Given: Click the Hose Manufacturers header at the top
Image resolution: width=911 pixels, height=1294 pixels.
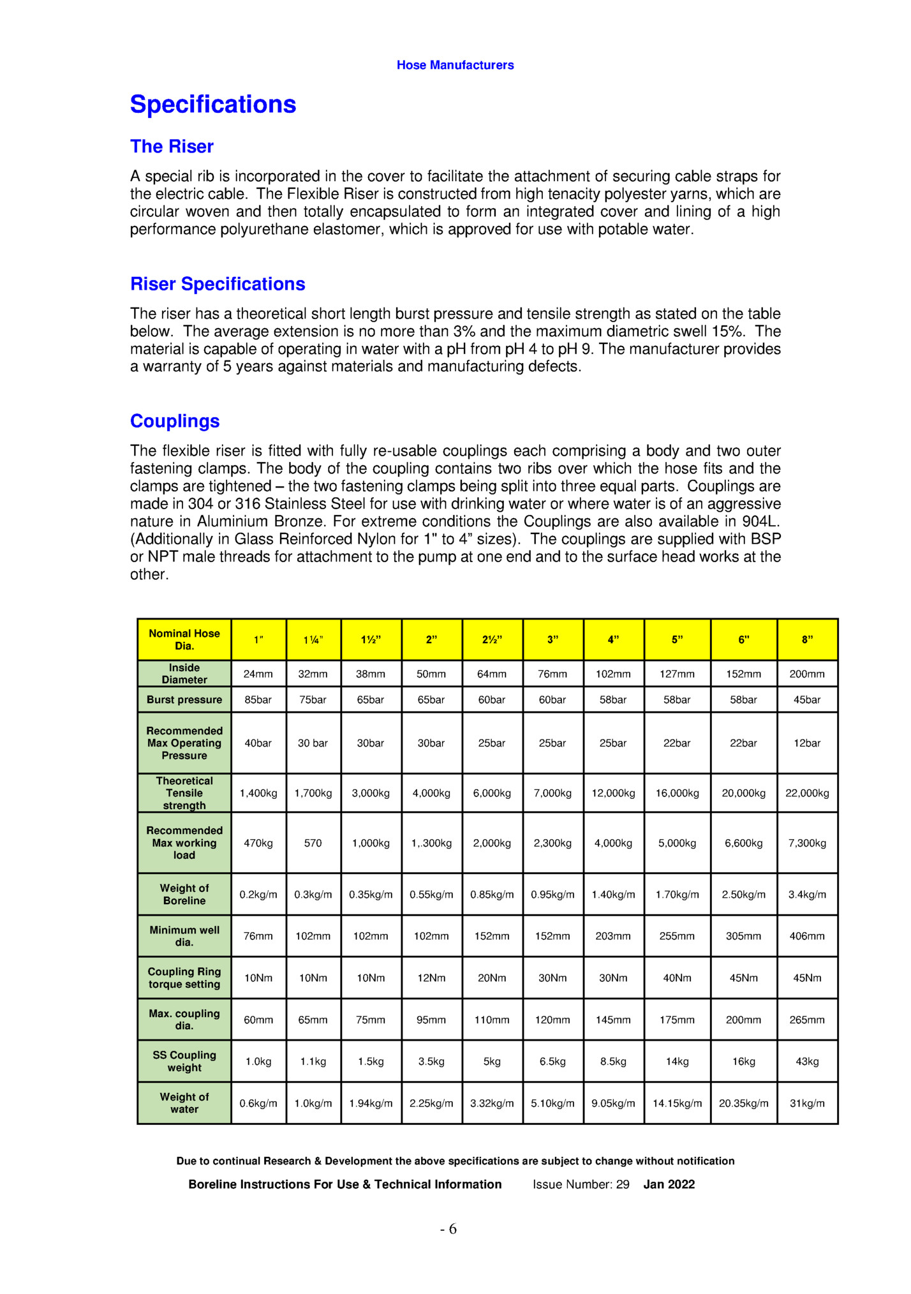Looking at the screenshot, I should tap(455, 65).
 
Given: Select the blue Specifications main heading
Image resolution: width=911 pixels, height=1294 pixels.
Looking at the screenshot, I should tap(213, 105).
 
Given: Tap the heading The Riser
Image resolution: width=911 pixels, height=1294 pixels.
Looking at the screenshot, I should tap(172, 147).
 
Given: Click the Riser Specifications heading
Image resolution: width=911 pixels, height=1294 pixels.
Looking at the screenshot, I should tap(218, 284).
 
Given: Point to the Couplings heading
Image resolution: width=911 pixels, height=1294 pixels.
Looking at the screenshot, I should tap(175, 421).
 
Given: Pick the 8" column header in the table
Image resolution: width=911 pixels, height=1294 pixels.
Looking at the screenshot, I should tap(807, 639).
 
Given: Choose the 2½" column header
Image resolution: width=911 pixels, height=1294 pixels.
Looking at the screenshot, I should tap(492, 639).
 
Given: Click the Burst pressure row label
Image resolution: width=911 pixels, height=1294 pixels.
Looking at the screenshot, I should tap(184, 699).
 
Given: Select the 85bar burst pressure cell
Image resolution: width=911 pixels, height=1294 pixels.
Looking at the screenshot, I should tap(258, 700).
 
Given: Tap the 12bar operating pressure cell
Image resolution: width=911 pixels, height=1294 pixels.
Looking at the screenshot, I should tap(807, 743).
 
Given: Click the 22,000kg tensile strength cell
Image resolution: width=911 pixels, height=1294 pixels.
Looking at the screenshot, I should tap(807, 793).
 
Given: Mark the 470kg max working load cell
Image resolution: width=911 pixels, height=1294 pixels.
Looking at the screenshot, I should tap(258, 843).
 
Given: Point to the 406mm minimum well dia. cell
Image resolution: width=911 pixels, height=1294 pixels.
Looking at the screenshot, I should tap(807, 936).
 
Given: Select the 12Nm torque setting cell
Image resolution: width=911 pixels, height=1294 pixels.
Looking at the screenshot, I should tap(431, 978).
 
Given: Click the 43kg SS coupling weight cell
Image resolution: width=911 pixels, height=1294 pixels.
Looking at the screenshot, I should tap(807, 1062).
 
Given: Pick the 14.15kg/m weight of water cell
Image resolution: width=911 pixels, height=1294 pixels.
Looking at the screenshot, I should tap(677, 1103).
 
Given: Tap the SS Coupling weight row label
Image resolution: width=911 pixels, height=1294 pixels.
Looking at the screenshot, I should tap(184, 1061).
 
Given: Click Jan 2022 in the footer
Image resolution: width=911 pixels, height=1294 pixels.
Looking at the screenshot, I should tap(669, 1184).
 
